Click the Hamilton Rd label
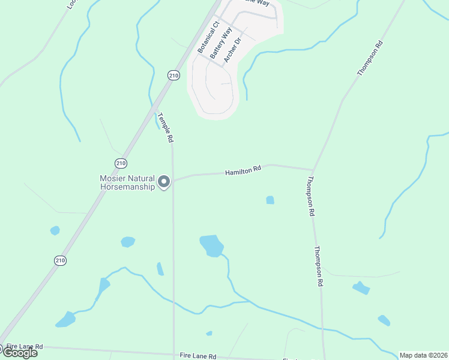click(243, 171)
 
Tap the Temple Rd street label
click(166, 127)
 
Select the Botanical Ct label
click(205, 38)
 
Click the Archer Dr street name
click(232, 50)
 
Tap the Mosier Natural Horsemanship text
click(127, 182)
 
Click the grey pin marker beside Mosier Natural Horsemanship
click(164, 181)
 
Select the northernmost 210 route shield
click(173, 75)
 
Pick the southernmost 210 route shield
click(60, 260)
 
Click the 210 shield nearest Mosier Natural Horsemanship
click(121, 163)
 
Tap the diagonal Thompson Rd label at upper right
click(370, 58)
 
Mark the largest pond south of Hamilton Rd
click(211, 245)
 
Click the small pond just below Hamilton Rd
click(270, 200)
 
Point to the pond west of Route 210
click(55, 230)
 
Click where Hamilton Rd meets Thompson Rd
click(313, 169)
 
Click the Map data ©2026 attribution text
click(423, 355)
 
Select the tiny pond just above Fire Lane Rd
click(209, 333)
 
